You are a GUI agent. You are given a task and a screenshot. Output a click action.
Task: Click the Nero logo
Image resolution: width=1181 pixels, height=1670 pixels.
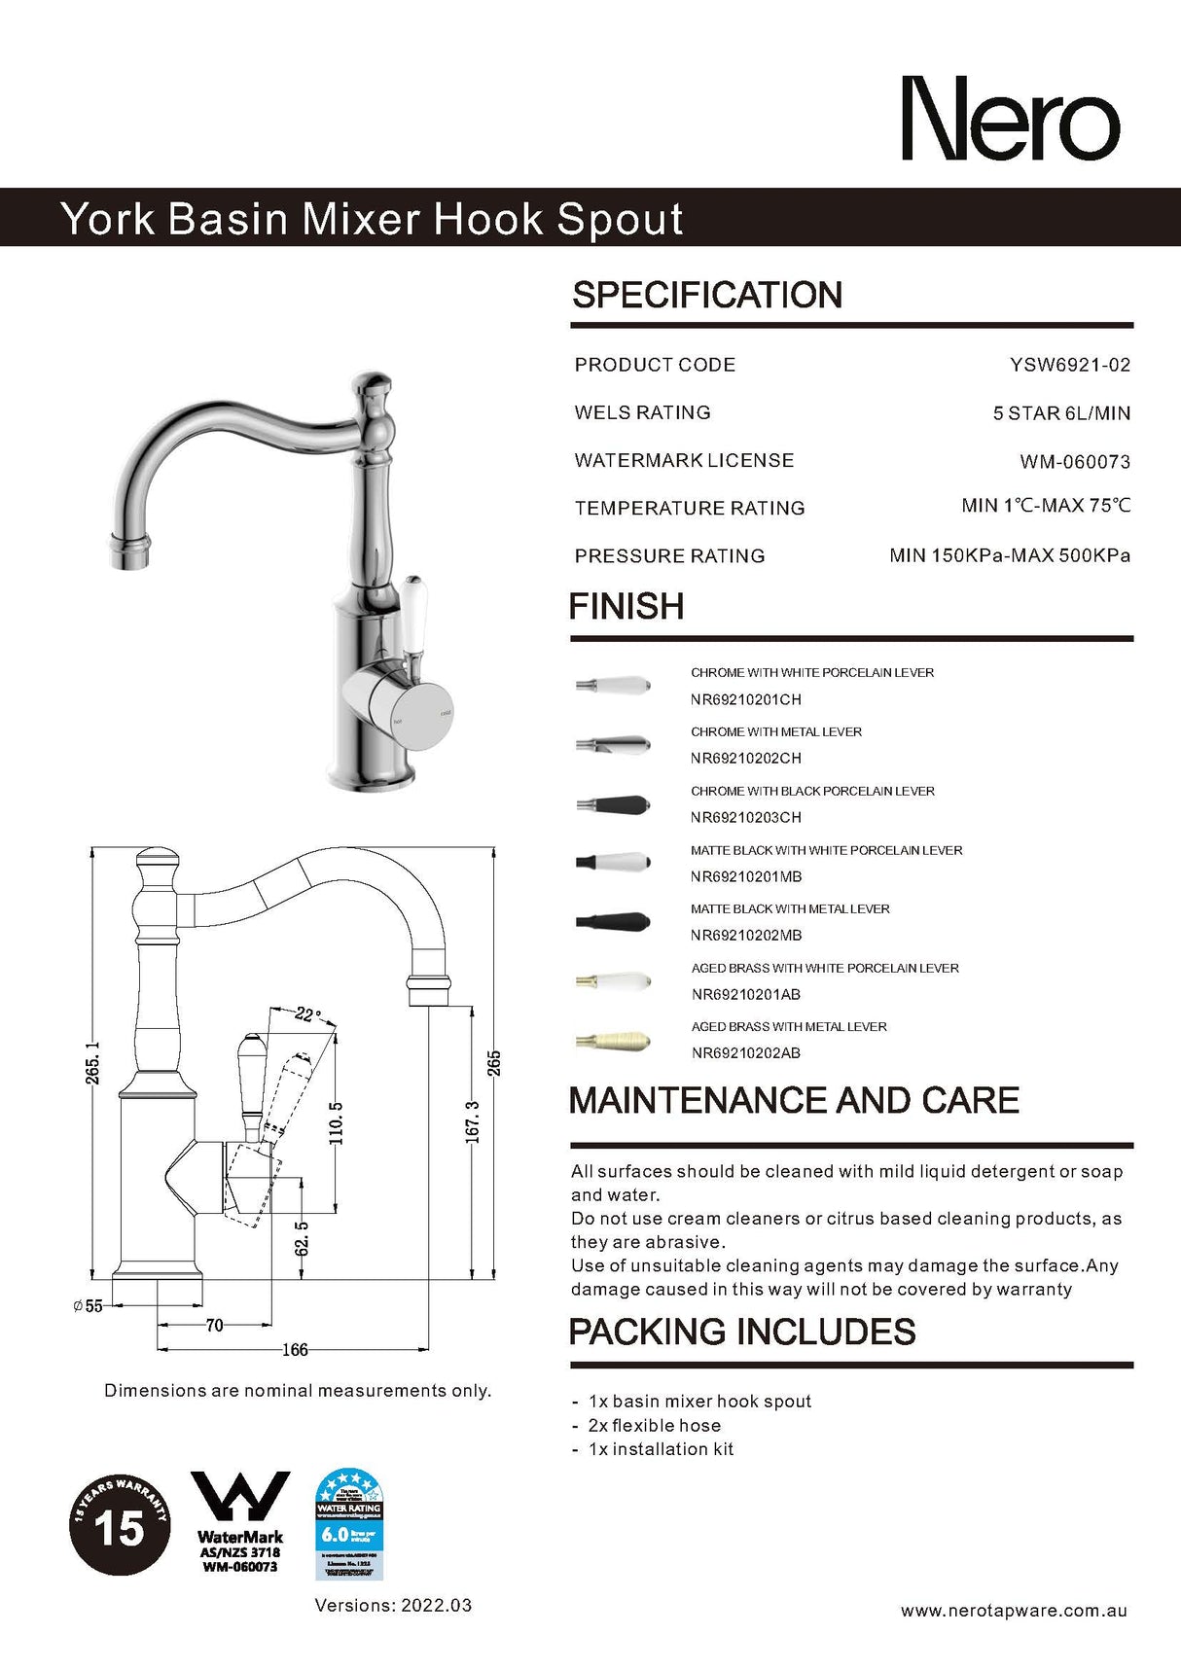(1011, 119)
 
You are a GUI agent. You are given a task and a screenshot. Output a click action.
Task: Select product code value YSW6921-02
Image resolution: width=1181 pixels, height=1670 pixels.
(1069, 365)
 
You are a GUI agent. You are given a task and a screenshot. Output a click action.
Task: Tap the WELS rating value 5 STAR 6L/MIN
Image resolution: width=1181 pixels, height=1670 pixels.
(1060, 413)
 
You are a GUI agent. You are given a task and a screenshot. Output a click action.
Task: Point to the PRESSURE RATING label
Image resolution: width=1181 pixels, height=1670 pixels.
(669, 556)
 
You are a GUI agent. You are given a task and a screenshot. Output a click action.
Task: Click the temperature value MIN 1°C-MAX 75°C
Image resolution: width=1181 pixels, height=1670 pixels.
(1045, 506)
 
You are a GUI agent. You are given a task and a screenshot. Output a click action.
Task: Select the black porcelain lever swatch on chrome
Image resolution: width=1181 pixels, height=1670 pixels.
(612, 805)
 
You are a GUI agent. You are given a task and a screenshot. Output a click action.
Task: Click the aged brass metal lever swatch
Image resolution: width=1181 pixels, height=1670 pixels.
(612, 1041)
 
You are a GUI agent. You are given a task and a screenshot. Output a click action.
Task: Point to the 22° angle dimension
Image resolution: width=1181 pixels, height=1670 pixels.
(307, 1014)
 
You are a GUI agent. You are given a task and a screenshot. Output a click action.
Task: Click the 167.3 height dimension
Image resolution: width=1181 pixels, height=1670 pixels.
(473, 1121)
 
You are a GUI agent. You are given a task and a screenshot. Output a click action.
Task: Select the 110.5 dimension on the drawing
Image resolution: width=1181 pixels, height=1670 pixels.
(337, 1122)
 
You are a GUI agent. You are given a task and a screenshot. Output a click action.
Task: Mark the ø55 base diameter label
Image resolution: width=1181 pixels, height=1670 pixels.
(88, 1306)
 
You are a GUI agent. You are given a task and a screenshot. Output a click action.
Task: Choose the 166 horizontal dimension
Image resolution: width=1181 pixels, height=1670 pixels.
(295, 1350)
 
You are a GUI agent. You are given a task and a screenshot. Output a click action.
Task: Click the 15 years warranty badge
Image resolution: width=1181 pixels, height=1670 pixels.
(119, 1524)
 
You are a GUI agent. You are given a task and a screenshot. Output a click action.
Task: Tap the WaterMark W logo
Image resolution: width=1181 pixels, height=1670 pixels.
(239, 1499)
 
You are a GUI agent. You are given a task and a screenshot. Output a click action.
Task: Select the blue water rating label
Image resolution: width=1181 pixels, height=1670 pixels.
(349, 1524)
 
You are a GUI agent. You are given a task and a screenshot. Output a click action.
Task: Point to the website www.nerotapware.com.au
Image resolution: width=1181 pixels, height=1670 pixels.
(1014, 1611)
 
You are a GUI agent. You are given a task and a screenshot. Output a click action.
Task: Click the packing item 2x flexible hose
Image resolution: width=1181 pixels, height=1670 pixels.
(654, 1426)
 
